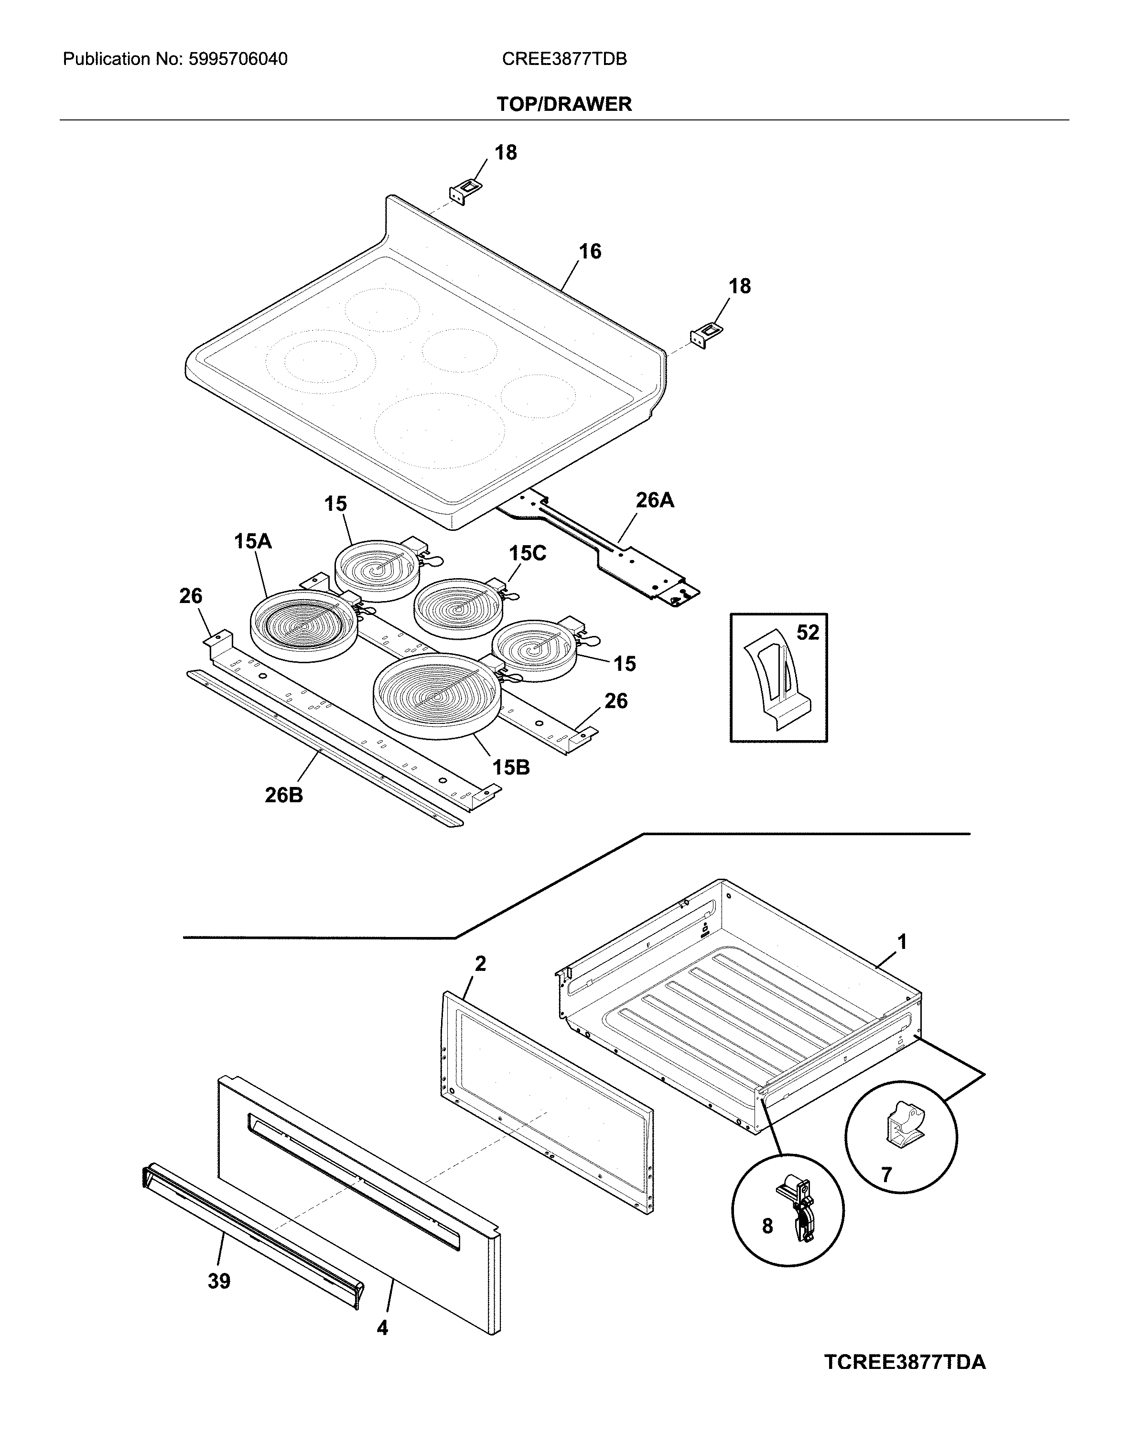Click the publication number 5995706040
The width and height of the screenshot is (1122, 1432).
coord(238,59)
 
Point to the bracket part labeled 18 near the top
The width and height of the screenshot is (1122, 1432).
coord(465,193)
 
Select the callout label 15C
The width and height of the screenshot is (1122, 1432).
coord(527,553)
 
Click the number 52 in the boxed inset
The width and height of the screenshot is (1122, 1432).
coord(808,633)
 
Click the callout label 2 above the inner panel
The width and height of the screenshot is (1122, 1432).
coord(480,964)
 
